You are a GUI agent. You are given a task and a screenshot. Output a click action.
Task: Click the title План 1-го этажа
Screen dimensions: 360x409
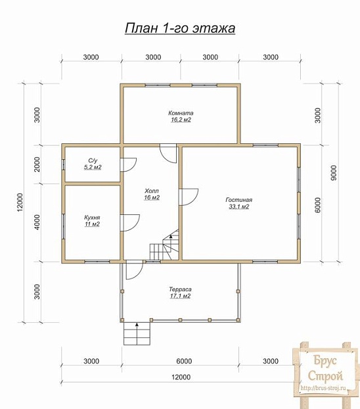click(180, 28)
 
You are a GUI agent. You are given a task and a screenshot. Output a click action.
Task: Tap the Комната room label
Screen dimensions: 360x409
click(181, 113)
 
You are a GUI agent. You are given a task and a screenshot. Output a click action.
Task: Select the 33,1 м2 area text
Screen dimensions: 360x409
click(238, 207)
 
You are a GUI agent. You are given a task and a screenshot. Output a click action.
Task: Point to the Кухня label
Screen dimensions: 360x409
click(92, 218)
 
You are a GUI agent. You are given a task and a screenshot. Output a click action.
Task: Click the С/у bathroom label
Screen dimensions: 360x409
click(93, 160)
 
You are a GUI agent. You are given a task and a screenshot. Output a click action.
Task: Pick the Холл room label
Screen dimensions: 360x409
click(152, 191)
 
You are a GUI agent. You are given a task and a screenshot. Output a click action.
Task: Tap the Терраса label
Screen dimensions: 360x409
click(180, 289)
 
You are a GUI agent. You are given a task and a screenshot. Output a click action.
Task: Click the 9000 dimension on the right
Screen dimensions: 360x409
click(334, 173)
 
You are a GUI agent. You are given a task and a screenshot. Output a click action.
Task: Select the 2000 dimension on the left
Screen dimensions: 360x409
click(37, 164)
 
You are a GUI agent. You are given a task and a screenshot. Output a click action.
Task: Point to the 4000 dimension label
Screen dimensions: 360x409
click(37, 222)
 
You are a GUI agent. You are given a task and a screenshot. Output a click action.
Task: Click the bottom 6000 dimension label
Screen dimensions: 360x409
click(184, 361)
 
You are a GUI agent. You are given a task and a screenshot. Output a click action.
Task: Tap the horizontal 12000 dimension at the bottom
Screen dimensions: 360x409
click(181, 377)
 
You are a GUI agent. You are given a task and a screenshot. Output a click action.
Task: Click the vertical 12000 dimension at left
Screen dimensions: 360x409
click(20, 202)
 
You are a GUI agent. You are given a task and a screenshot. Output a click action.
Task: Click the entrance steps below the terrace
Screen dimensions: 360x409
click(137, 333)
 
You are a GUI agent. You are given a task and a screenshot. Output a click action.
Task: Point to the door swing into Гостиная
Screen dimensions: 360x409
click(189, 197)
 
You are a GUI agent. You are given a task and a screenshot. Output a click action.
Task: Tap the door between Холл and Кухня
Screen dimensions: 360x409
click(130, 223)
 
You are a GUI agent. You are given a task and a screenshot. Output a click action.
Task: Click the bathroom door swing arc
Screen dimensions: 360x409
click(128, 165)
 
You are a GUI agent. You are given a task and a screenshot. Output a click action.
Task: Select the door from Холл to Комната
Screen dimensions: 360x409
click(168, 154)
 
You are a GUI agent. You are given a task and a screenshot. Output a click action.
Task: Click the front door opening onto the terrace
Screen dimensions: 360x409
click(135, 270)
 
